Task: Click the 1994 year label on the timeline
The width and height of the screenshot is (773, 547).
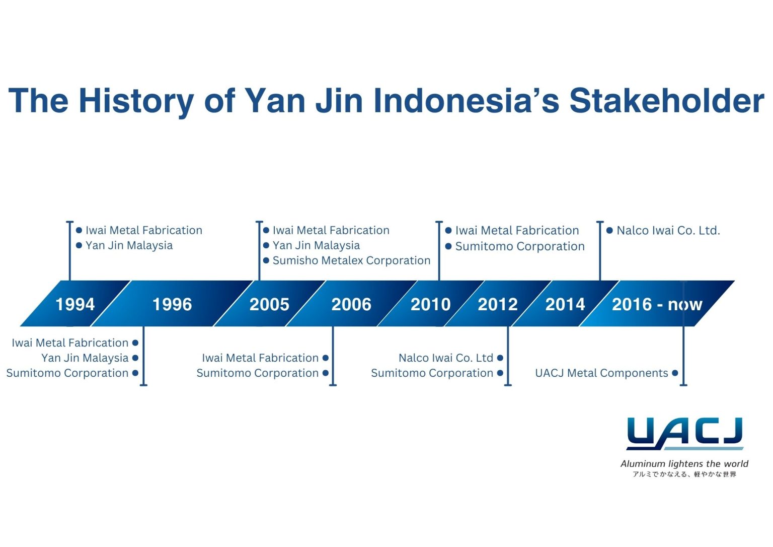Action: pos(75,304)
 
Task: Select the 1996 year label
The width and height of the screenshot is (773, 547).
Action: pos(172,304)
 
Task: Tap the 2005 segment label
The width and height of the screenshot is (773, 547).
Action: pos(269,304)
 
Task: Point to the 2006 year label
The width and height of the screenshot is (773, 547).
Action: pos(351,304)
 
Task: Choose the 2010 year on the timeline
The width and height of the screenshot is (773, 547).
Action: pos(430,304)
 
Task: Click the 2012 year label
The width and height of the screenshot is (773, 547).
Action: pos(498,304)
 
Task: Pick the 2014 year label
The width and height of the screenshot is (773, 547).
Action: pos(565,304)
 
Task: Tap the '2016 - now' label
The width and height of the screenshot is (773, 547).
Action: pos(657,304)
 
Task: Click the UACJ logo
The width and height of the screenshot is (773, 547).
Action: pos(684,433)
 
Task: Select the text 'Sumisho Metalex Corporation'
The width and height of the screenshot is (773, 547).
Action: pos(351,260)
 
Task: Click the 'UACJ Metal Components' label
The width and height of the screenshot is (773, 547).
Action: pos(601,373)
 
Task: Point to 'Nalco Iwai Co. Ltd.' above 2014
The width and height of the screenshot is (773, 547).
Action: pos(668,231)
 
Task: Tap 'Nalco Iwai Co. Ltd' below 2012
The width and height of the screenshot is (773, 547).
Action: pos(445,358)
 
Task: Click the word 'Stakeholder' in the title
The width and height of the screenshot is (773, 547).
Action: pos(666,100)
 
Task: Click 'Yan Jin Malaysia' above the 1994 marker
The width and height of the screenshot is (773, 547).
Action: pos(129,245)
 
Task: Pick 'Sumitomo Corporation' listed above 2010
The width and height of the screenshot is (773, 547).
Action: pos(520,246)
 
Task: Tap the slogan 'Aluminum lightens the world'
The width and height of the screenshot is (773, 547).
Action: pos(684,464)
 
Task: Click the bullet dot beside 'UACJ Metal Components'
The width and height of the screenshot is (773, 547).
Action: pos(675,373)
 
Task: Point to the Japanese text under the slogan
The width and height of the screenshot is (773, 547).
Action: pos(684,474)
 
